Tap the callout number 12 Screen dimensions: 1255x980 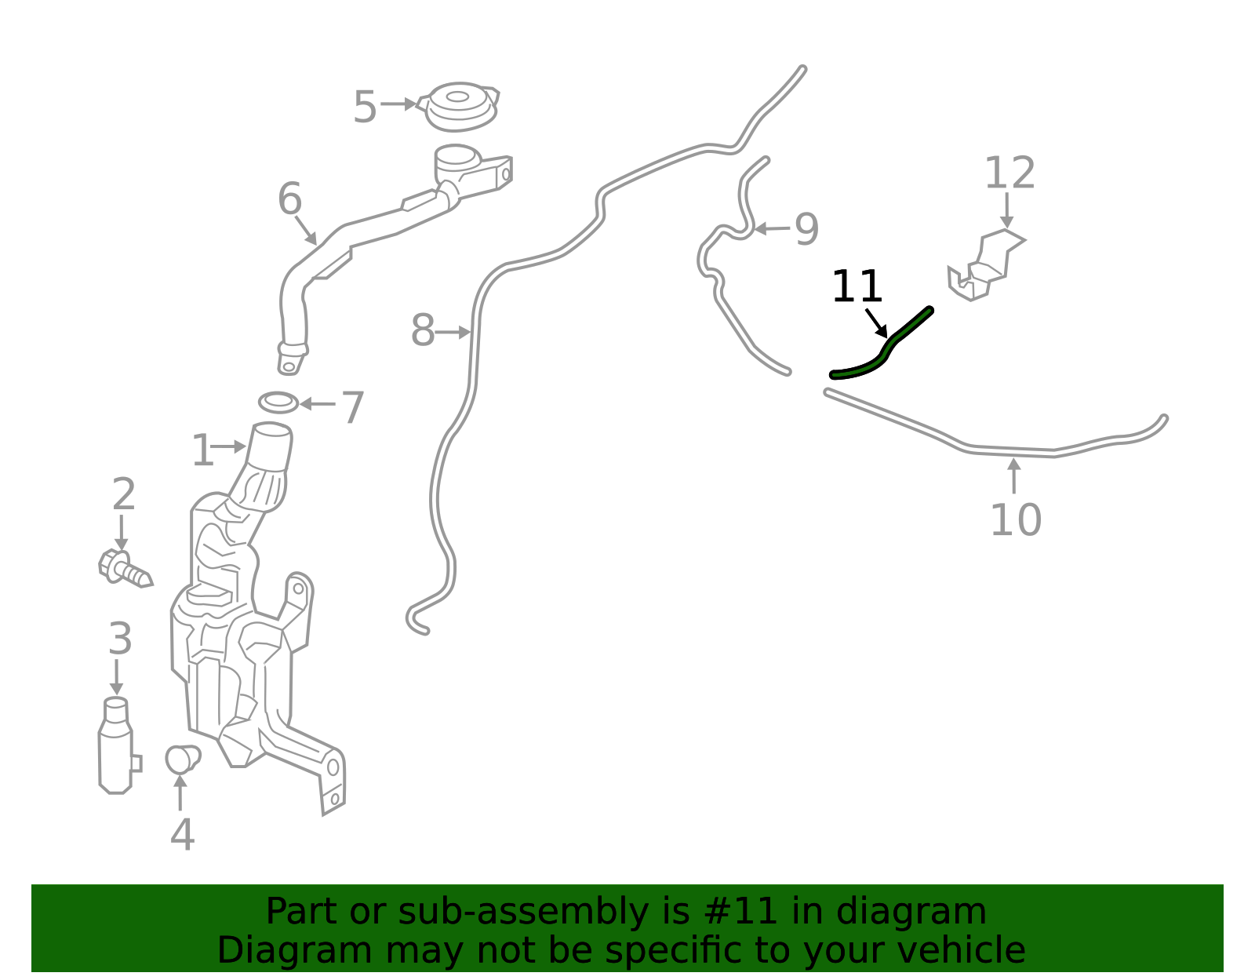(x=1009, y=173)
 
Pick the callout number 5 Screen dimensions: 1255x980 (x=365, y=107)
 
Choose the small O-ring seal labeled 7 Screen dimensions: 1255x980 (x=278, y=403)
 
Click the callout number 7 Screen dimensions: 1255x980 (x=353, y=408)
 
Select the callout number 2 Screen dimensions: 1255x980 (x=124, y=494)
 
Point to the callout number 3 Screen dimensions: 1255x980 (x=120, y=639)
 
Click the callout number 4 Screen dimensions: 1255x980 (x=183, y=835)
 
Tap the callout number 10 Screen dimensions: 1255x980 (x=1016, y=520)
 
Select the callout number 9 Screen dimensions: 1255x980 (x=806, y=229)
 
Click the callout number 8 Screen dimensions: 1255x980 (x=422, y=330)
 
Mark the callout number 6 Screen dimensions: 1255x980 (x=289, y=199)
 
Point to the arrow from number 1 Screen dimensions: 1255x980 (x=229, y=446)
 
